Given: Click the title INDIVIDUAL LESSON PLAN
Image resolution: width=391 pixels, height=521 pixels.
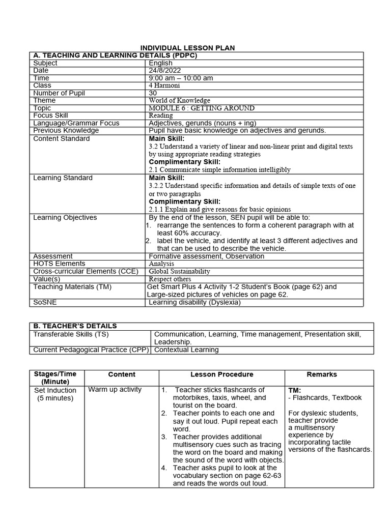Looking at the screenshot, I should [x=188, y=48].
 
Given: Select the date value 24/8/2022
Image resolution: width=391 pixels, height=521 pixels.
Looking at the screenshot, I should [x=164, y=71].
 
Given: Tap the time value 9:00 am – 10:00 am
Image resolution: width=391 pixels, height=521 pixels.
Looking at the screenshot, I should [x=181, y=78].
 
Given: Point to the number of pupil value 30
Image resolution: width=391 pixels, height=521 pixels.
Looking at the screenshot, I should [x=153, y=93].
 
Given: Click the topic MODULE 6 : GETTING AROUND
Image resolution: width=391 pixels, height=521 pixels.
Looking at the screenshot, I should [x=202, y=108].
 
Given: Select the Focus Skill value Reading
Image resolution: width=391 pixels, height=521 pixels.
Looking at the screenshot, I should [x=161, y=115].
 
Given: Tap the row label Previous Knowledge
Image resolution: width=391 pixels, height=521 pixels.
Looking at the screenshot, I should [x=66, y=131].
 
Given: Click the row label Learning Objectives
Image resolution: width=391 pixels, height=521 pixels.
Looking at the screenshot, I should [x=65, y=218].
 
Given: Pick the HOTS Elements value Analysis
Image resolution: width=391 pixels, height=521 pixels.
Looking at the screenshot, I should [x=161, y=264].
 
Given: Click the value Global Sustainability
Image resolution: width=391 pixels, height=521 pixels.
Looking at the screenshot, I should [x=179, y=272].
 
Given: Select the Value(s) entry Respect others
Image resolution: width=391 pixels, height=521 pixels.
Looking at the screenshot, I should [x=170, y=279].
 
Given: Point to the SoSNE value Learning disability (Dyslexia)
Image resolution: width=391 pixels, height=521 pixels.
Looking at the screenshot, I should [x=194, y=302].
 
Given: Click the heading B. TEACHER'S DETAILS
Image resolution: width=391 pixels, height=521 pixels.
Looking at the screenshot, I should [x=75, y=326].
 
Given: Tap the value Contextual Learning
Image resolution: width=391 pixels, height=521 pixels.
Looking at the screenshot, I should [x=186, y=350].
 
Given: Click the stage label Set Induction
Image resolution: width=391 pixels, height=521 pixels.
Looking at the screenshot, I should [x=55, y=391].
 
